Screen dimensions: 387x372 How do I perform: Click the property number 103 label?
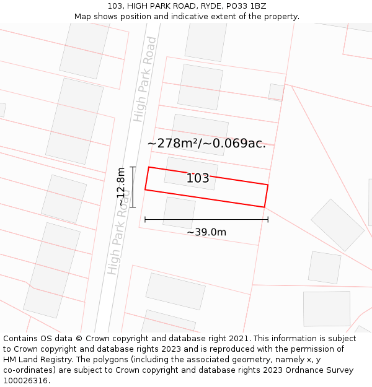point(198,178)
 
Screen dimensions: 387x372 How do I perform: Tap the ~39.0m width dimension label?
point(206,232)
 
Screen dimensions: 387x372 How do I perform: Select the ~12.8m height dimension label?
point(122,186)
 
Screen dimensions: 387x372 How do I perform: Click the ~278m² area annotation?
point(206,144)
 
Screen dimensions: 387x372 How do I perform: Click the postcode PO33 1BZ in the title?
point(246,6)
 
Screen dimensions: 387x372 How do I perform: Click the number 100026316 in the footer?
point(25,381)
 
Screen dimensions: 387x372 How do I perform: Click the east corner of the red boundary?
point(268,185)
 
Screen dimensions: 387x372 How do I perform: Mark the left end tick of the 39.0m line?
point(144,219)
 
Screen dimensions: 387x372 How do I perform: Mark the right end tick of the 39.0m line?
point(268,219)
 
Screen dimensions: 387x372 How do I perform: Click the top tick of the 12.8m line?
point(133,167)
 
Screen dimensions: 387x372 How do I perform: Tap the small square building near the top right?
point(276,92)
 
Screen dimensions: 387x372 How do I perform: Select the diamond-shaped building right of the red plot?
point(337,225)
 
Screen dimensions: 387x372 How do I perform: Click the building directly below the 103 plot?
point(179,212)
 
